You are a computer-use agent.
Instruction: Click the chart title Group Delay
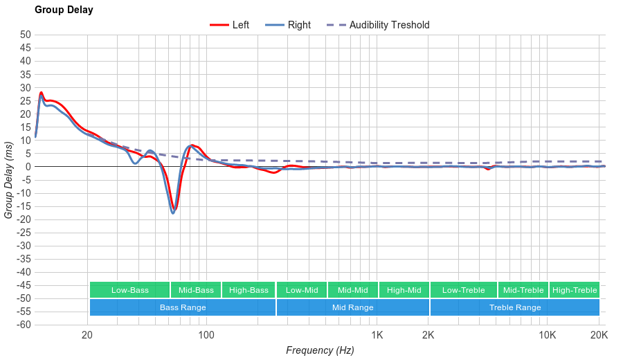tap(64, 10)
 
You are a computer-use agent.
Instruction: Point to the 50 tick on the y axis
tap(26, 35)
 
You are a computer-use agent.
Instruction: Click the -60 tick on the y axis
tap(24, 325)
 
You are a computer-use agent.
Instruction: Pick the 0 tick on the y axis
tap(28, 167)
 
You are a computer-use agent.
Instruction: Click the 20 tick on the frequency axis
tap(87, 336)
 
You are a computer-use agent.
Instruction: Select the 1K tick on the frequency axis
tap(377, 336)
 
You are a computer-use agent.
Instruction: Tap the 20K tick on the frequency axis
tap(599, 336)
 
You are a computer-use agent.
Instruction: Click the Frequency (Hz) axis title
tap(320, 350)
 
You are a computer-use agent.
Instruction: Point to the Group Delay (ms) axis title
tap(9, 180)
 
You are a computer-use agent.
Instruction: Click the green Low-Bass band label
tap(129, 290)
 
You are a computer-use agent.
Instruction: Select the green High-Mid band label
tap(404, 290)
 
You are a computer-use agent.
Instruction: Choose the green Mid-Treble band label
tap(523, 290)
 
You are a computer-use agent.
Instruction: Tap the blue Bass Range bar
tap(183, 307)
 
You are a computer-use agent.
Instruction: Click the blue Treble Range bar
tap(515, 307)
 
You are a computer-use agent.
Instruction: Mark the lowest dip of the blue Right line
tap(173, 213)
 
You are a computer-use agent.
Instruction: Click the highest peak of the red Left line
tap(42, 92)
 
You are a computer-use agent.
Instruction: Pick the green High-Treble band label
tap(575, 290)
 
